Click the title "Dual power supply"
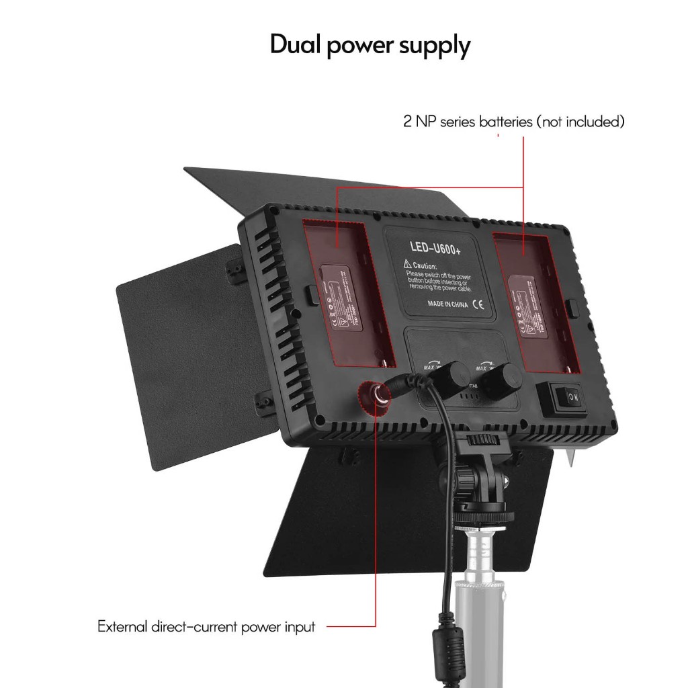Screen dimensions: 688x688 click(370, 46)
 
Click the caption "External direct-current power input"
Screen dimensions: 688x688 click(206, 627)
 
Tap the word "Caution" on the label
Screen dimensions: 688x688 click(425, 266)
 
